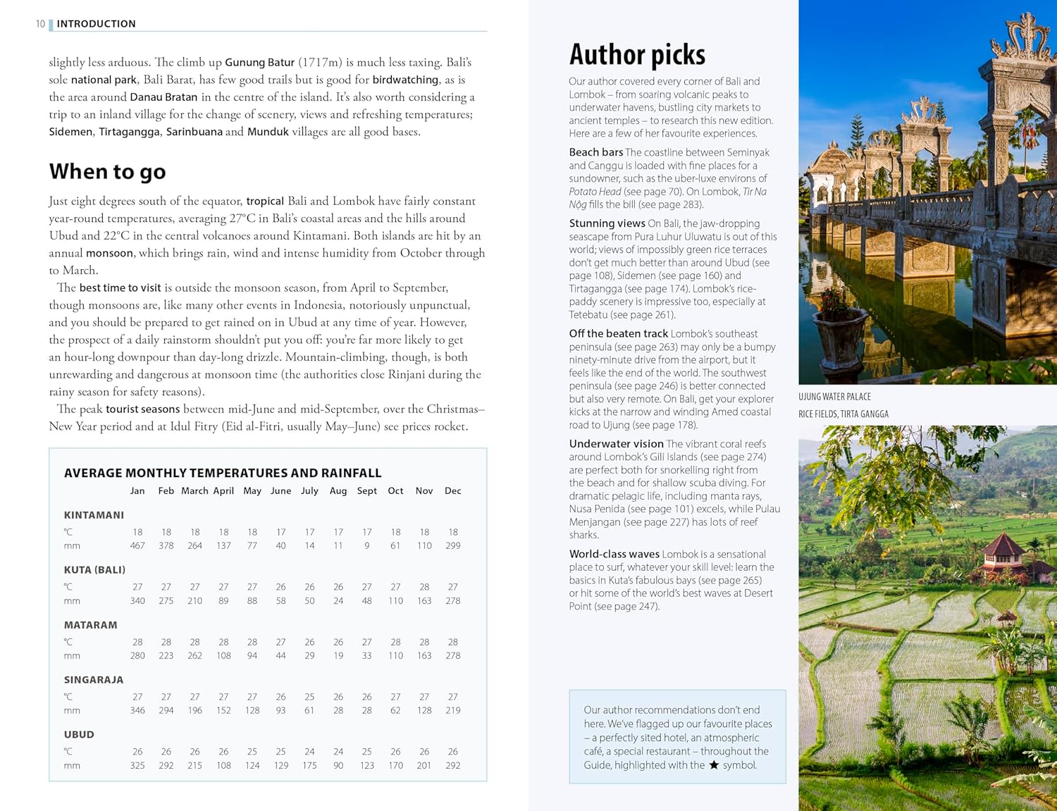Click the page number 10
pyautogui.click(x=40, y=24)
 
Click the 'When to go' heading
pyautogui.click(x=107, y=171)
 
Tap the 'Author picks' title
pyautogui.click(x=637, y=55)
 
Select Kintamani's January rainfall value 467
pyautogui.click(x=137, y=545)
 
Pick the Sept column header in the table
pyautogui.click(x=366, y=491)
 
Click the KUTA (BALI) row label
pyautogui.click(x=94, y=570)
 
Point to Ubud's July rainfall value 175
pyautogui.click(x=309, y=765)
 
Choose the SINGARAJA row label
pyautogui.click(x=94, y=680)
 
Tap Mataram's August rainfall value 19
pyautogui.click(x=338, y=655)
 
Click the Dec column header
pyautogui.click(x=452, y=491)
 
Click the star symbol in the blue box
pyautogui.click(x=714, y=765)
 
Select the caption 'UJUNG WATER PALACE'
pyautogui.click(x=834, y=397)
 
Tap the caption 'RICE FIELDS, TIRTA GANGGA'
pyautogui.click(x=843, y=414)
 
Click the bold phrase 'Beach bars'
pyautogui.click(x=595, y=152)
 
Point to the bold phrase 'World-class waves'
pyautogui.click(x=614, y=555)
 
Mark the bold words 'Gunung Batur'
pyautogui.click(x=259, y=63)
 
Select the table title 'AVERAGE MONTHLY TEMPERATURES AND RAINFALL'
pyautogui.click(x=223, y=473)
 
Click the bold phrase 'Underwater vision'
pyautogui.click(x=616, y=444)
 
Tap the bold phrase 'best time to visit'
pyautogui.click(x=120, y=287)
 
